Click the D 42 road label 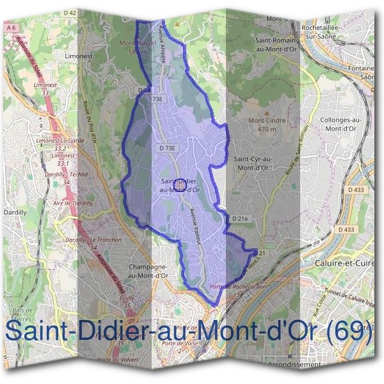click(x=70, y=13)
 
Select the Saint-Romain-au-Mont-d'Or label click(x=276, y=43)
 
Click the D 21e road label click(x=240, y=219)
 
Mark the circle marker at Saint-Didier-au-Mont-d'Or click(x=180, y=184)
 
